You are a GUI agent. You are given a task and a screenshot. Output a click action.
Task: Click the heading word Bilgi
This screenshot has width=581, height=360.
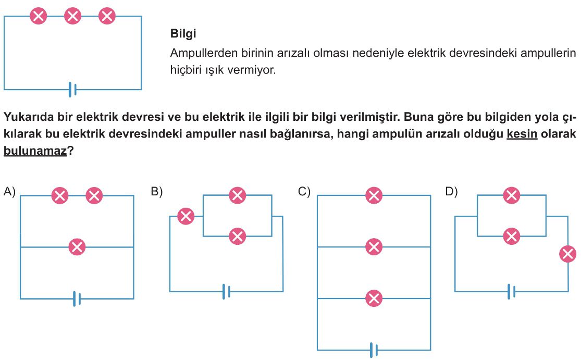[x=183, y=34]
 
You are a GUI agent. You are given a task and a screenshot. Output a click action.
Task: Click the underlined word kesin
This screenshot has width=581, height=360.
[x=522, y=133]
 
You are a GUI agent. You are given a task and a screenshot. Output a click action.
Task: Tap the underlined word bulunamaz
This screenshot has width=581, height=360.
[x=35, y=151]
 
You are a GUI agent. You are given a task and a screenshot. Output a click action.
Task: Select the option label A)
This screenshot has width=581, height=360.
[x=9, y=192]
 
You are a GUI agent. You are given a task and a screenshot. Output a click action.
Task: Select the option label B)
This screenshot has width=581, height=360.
[x=157, y=192]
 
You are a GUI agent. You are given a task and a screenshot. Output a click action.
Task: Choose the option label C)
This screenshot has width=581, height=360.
[x=304, y=192]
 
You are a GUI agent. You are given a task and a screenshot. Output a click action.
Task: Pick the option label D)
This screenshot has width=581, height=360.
[x=451, y=192]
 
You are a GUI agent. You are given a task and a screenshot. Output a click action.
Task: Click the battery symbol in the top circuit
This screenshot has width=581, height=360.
[x=72, y=90]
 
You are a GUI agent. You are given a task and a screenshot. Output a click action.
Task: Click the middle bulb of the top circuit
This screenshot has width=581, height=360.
[x=72, y=16]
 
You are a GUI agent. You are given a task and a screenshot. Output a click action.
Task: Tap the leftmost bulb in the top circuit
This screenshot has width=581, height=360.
[x=39, y=16]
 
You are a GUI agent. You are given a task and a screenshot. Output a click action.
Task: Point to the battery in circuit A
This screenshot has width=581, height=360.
[x=77, y=299]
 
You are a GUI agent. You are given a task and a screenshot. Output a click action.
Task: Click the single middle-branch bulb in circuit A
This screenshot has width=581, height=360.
[x=77, y=247]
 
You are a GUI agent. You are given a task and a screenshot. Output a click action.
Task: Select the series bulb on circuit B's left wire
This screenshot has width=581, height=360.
[x=186, y=216]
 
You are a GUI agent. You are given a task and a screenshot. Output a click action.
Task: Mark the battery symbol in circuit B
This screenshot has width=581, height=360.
[x=226, y=291]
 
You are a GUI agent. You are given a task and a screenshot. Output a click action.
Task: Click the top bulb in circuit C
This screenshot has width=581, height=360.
[x=374, y=195]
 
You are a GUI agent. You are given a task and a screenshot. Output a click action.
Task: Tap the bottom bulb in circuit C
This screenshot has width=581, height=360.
[x=374, y=298]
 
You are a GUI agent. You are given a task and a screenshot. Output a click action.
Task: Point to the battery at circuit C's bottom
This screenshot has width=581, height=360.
[x=374, y=350]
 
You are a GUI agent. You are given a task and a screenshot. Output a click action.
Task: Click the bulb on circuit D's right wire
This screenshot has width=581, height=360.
[x=567, y=254]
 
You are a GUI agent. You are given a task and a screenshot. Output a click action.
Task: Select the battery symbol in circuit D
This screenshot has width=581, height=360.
[x=511, y=291]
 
